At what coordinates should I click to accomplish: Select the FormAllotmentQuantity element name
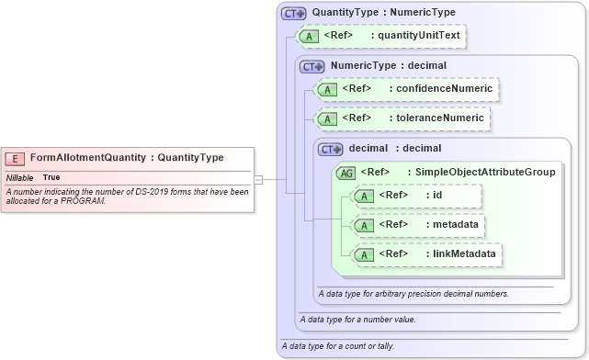(88, 158)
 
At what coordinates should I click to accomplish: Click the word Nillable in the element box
(20, 177)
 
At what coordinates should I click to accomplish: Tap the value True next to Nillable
(51, 177)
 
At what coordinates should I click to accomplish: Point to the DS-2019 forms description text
(127, 196)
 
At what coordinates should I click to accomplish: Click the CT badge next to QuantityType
(294, 14)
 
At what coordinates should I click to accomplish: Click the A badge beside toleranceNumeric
(327, 118)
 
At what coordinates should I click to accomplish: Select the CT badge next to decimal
(330, 149)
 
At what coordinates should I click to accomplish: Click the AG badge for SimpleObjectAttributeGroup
(346, 172)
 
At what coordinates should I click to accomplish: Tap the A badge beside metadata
(365, 225)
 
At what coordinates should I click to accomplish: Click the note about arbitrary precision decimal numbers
(413, 294)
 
